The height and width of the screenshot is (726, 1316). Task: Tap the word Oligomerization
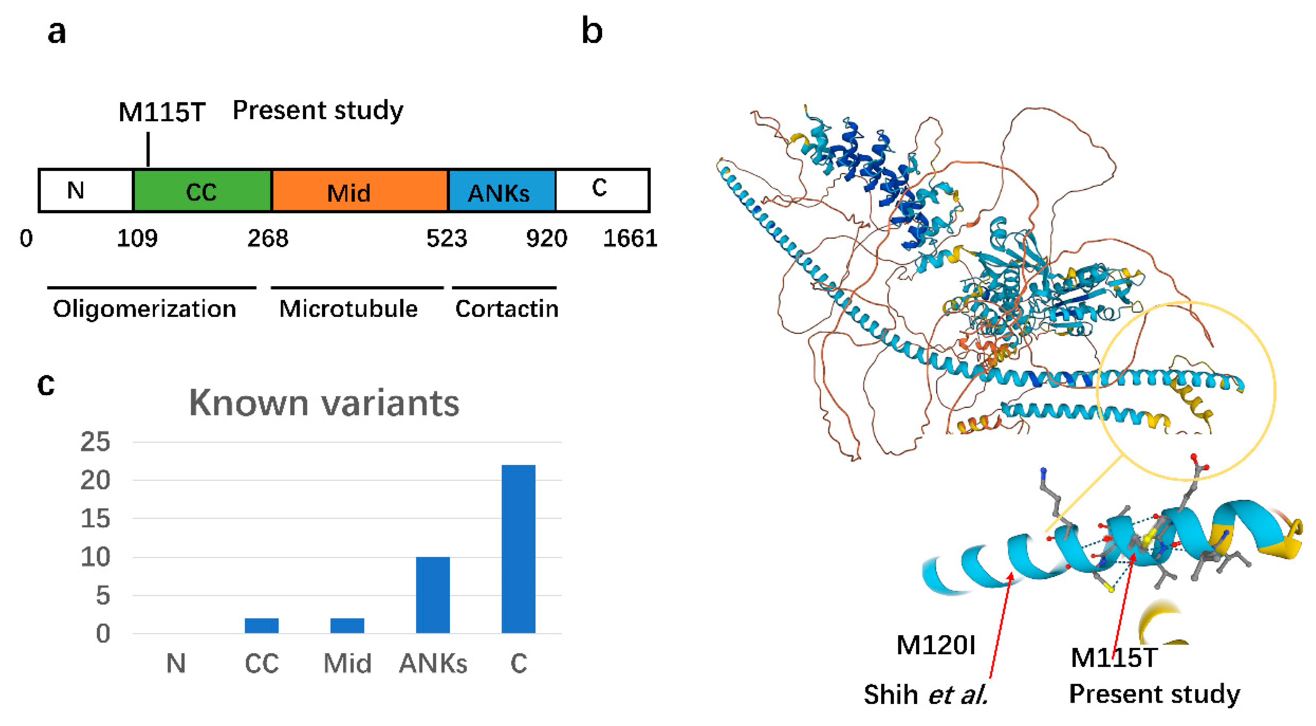point(145,309)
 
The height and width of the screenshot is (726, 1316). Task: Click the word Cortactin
point(506,309)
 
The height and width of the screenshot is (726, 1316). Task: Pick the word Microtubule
point(348,309)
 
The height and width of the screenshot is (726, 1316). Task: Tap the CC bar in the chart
point(262,626)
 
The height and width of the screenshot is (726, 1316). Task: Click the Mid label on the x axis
point(347,664)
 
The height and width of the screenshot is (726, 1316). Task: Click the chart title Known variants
point(324,403)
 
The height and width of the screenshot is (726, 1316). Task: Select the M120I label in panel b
point(935,645)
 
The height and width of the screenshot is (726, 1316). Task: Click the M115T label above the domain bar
point(162,112)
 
